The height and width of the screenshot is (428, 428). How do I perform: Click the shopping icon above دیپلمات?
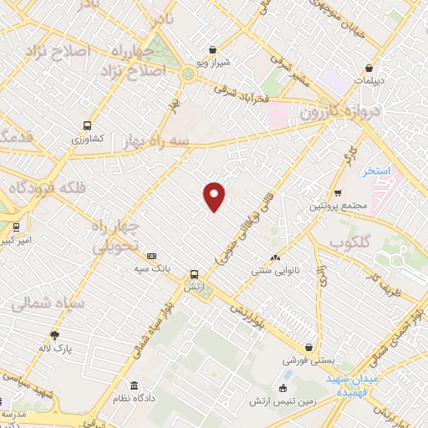(x=369, y=69)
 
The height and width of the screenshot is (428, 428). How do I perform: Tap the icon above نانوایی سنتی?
(x=276, y=258)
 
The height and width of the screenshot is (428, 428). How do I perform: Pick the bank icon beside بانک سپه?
(x=151, y=257)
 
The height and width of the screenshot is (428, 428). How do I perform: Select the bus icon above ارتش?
(x=194, y=273)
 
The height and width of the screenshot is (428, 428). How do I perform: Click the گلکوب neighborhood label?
(x=350, y=243)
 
